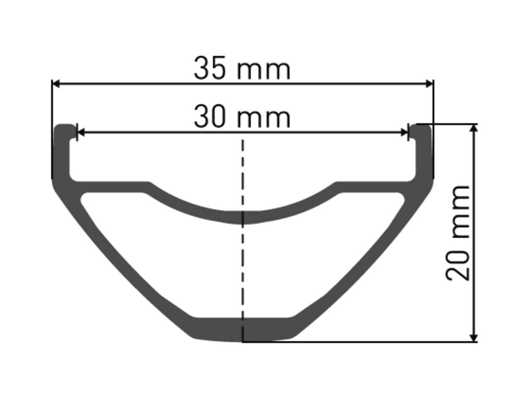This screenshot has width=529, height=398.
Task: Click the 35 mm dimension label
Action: pos(242,69)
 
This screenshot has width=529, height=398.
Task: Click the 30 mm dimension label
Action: pos(242,117)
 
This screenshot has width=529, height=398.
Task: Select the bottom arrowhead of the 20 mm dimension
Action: pos(474,338)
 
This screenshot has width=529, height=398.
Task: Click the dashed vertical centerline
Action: pos(243,175)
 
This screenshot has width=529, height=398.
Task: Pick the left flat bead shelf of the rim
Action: pos(109,186)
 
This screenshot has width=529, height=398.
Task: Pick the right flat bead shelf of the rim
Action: pos(375,186)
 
